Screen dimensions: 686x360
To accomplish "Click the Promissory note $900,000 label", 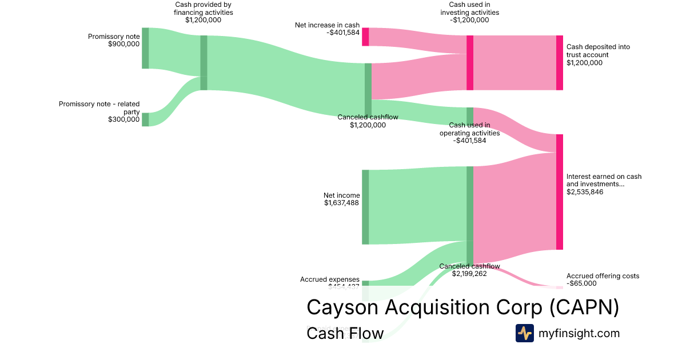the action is tap(113, 40).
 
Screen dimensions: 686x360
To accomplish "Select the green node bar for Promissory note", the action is tap(145, 48).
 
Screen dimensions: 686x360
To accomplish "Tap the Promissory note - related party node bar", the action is tap(145, 119).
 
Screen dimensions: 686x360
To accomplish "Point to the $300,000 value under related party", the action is tap(123, 119).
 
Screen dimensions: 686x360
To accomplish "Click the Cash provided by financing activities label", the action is tap(203, 12).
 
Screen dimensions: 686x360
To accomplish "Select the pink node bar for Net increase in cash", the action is tap(365, 37).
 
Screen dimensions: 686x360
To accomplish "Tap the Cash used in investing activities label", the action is tap(469, 12).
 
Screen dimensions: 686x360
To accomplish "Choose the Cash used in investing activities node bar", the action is tap(470, 63).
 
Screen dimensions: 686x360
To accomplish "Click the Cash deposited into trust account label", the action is tap(598, 55).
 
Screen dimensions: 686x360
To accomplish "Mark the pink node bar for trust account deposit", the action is tap(560, 63).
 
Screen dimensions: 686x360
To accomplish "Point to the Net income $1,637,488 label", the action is tap(341, 199).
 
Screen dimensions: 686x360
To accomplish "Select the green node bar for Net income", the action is tap(365, 207).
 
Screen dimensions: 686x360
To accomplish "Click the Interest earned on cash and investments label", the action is tap(604, 184).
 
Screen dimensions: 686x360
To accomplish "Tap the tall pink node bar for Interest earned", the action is tap(560, 192).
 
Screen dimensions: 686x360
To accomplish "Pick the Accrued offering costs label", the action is tap(603, 279).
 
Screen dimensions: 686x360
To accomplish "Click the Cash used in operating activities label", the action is tap(469, 133).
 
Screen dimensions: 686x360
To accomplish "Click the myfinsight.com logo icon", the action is tap(524, 333).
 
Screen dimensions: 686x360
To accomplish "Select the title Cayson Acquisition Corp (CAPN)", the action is tap(463, 307).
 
